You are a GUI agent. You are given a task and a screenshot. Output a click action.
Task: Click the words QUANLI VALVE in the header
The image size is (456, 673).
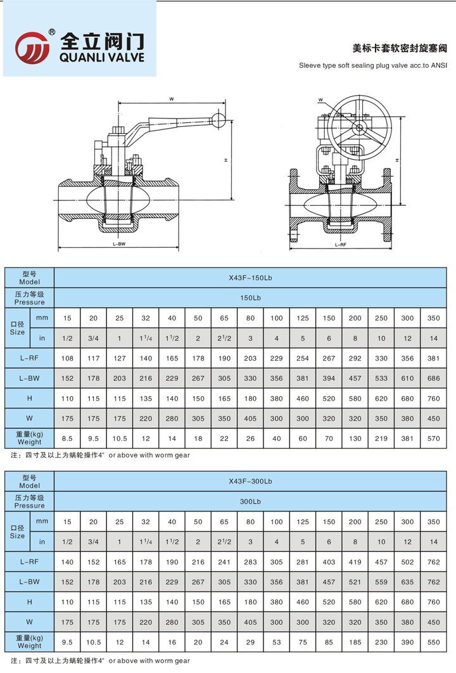point(101,57)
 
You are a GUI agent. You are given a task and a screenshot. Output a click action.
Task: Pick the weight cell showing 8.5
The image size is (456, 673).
point(67,438)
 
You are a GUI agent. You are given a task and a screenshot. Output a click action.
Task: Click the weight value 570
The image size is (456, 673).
point(433,438)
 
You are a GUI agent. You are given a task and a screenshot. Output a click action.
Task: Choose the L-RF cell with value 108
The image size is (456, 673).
point(67,358)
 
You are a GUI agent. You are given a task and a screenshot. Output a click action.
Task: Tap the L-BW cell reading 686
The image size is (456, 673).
point(433,378)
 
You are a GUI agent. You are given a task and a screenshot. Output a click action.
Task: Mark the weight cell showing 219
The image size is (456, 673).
point(381,438)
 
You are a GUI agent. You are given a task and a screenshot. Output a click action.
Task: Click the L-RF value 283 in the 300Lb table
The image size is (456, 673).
point(250,561)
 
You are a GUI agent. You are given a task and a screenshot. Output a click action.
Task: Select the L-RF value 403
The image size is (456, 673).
point(329,561)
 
